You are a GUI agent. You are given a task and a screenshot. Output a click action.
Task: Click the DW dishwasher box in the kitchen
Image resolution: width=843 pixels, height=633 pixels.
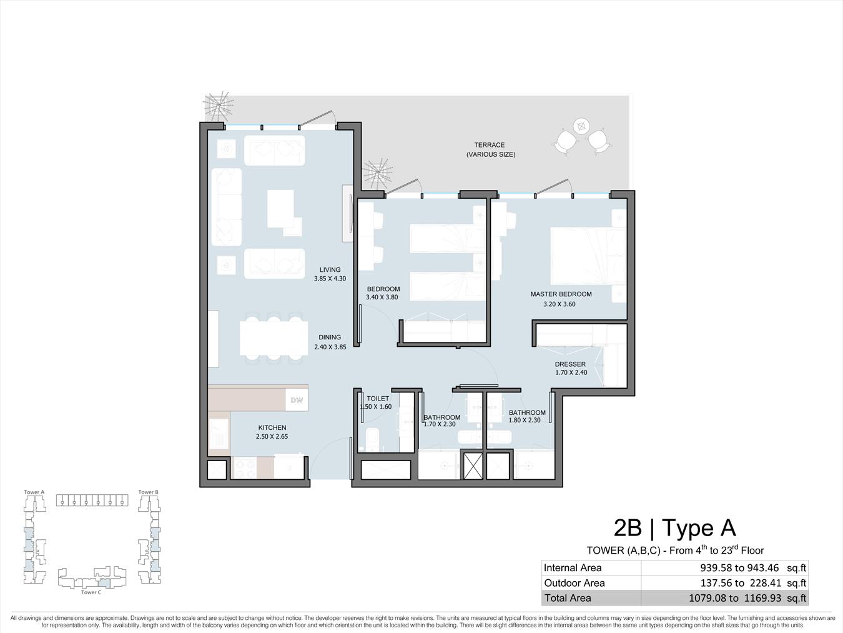[297, 400]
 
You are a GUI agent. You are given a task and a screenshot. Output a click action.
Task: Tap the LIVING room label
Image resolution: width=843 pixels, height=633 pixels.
[330, 270]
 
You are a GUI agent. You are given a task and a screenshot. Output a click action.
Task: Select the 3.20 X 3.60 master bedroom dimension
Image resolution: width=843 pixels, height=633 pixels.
[559, 304]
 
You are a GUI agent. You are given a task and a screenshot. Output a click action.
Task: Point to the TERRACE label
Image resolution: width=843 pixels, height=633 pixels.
[490, 145]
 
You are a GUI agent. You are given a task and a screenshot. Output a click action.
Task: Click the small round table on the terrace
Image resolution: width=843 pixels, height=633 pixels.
[581, 126]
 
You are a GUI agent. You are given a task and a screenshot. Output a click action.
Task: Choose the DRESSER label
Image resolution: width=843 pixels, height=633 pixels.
[570, 364]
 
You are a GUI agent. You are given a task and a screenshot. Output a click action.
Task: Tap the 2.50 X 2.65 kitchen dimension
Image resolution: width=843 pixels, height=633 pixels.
[272, 436]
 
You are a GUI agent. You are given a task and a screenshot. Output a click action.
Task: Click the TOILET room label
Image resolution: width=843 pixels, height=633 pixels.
[378, 399]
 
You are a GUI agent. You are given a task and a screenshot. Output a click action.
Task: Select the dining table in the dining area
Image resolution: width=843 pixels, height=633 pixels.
[274, 339]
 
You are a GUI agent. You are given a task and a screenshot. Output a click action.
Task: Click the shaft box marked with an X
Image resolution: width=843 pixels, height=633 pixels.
[473, 466]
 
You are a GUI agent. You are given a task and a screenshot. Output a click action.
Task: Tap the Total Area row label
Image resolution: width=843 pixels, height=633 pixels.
[568, 597]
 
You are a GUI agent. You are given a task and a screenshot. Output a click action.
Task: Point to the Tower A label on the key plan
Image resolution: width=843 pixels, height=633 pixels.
[34, 492]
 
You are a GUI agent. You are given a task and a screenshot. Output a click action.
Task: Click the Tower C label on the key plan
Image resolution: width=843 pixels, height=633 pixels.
[91, 592]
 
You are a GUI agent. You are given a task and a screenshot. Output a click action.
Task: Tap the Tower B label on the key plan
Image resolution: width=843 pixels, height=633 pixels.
[148, 492]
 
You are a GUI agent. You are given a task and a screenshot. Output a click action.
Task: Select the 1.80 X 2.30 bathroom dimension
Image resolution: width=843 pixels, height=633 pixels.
[525, 420]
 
